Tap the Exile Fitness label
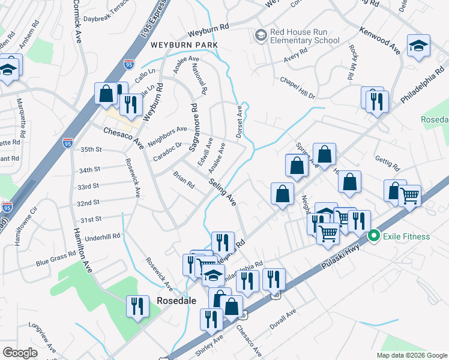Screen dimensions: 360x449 point(407,236)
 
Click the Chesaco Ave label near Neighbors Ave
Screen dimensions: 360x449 point(122,137)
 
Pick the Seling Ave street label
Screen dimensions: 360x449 point(222,192)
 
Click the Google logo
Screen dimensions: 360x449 point(20,353)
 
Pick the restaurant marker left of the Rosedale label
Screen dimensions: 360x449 point(138,306)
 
